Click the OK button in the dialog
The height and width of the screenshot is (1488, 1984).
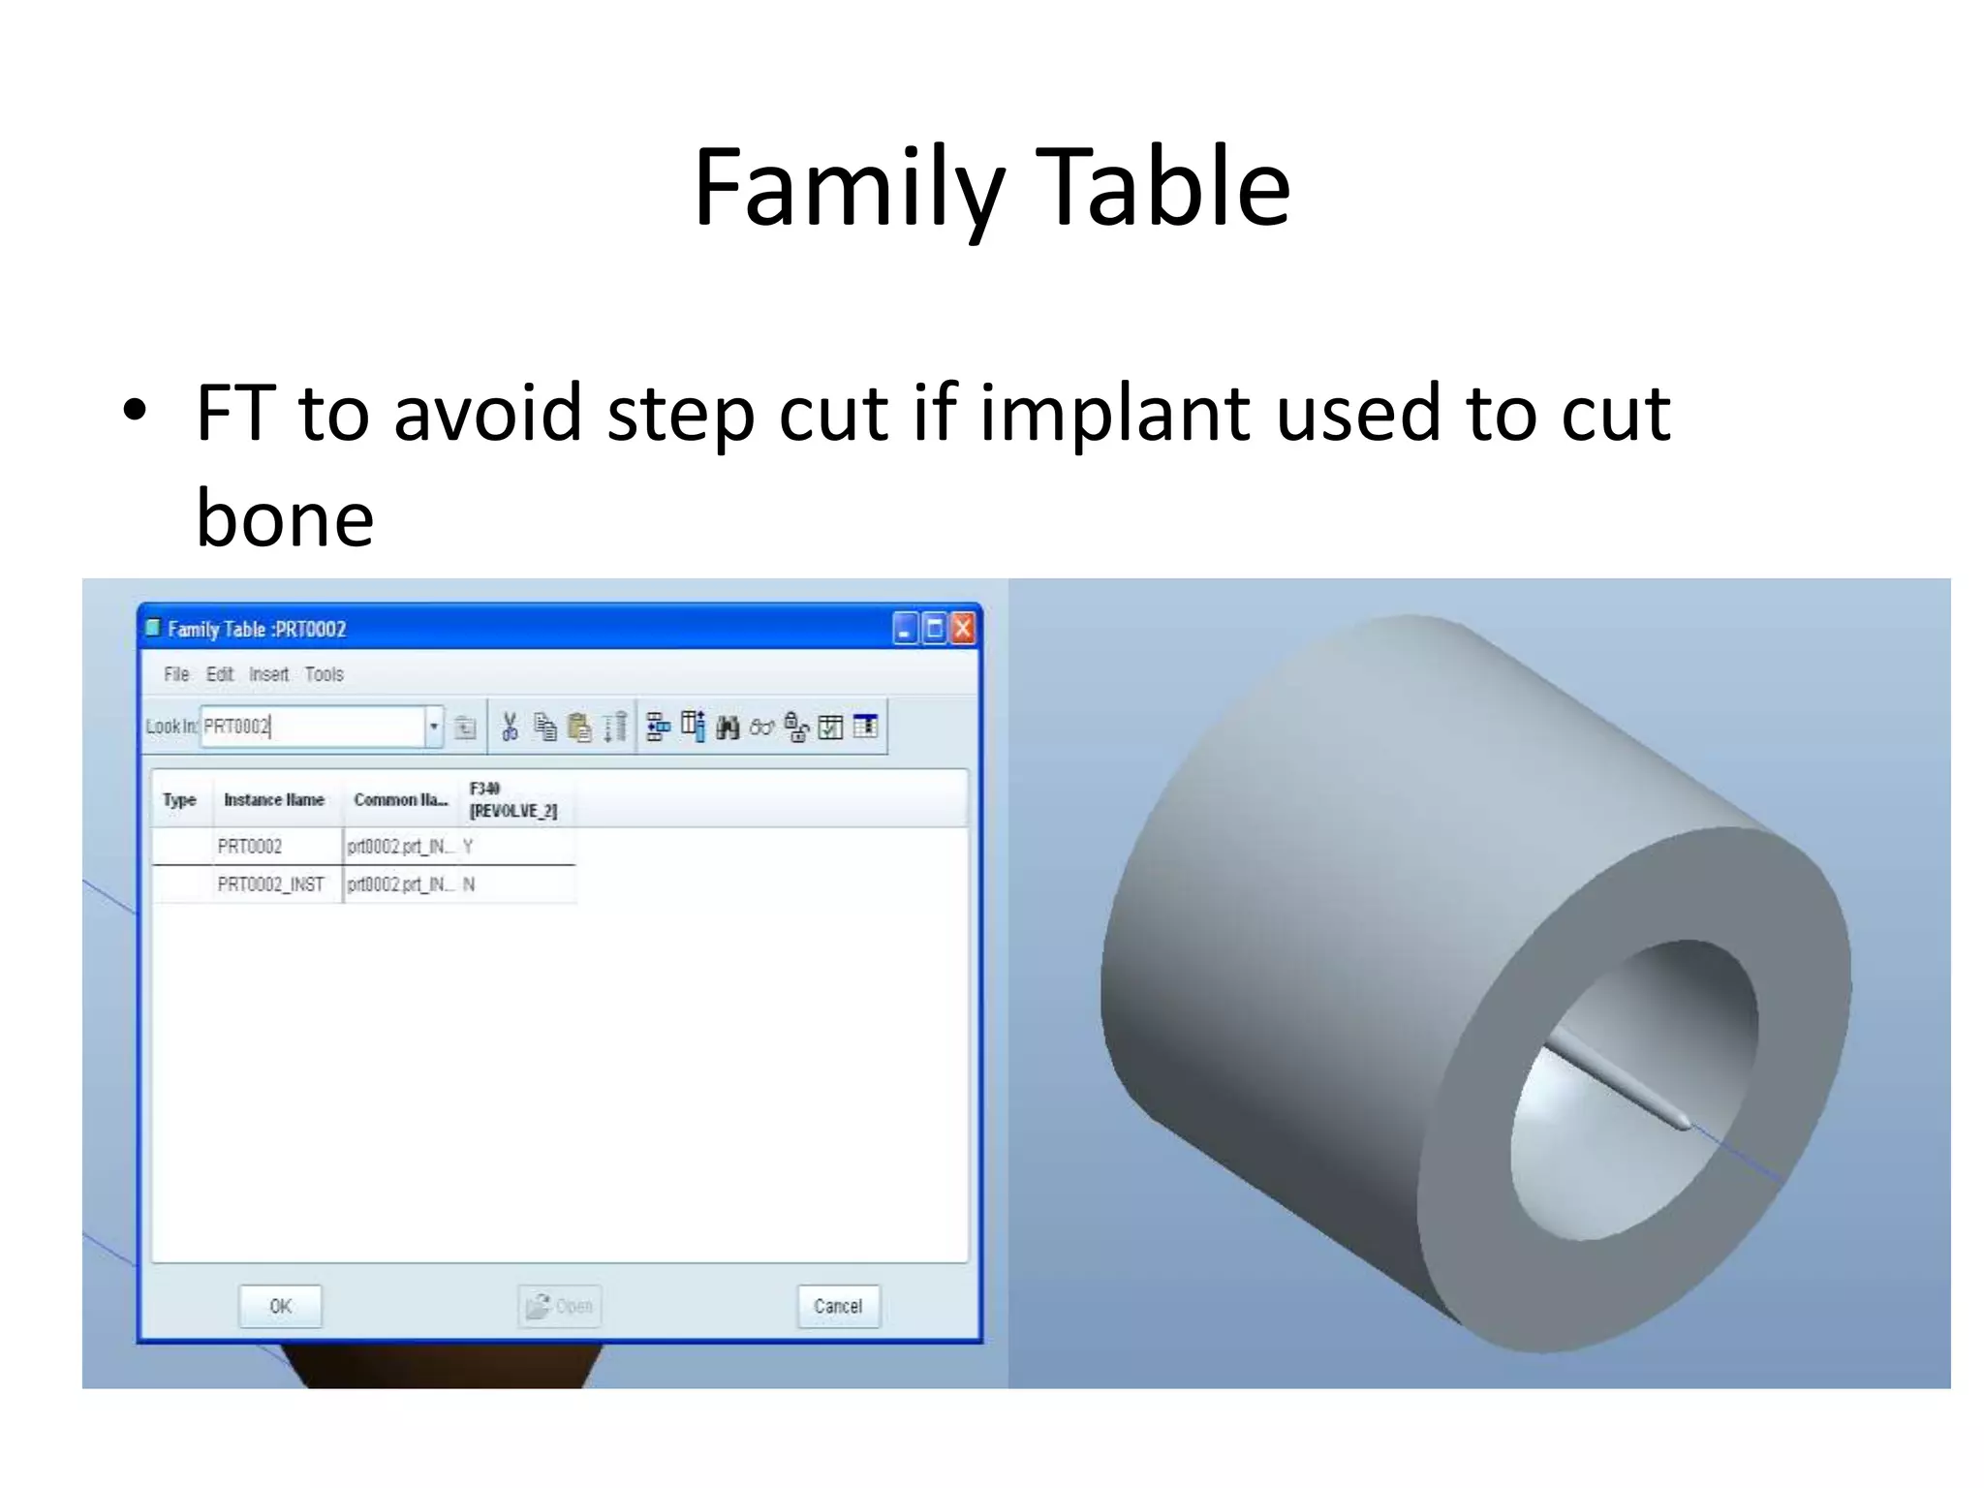(x=280, y=1306)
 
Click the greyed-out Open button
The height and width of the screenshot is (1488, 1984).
(x=560, y=1306)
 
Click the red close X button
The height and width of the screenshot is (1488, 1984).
(x=963, y=629)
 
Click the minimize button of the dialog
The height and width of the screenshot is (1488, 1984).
(x=905, y=629)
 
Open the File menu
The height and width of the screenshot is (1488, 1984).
(x=176, y=674)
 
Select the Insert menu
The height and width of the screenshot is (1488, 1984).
(x=268, y=674)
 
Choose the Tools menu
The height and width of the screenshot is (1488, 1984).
(x=324, y=674)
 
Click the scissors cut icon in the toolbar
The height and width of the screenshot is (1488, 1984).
(x=510, y=727)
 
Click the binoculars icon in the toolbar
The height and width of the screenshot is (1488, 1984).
(x=728, y=727)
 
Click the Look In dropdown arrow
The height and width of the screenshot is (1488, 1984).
(x=434, y=727)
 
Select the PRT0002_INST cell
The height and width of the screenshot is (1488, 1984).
(x=270, y=884)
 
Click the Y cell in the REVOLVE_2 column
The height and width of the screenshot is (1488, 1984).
(x=468, y=847)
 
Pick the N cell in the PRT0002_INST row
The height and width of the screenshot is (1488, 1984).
(x=469, y=884)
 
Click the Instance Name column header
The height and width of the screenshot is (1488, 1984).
(x=274, y=800)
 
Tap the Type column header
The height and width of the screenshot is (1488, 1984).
(x=179, y=800)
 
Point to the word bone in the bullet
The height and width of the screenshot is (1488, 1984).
(x=285, y=518)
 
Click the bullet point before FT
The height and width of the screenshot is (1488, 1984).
(x=135, y=412)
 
